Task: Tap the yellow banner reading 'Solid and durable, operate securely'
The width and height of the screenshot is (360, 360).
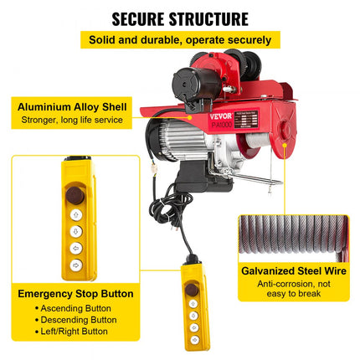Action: pos(180,39)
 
